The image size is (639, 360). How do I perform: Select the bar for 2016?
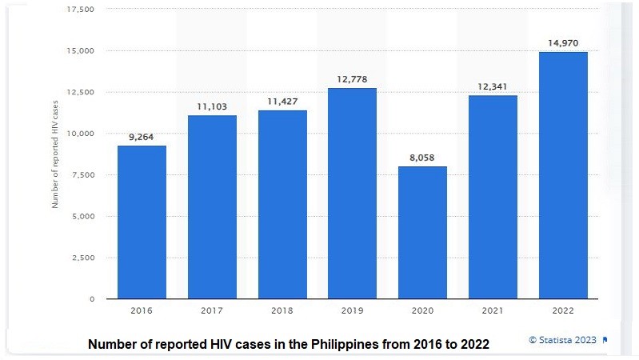(142, 222)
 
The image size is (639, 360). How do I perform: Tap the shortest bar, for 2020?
(422, 232)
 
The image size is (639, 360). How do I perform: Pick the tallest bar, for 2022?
(563, 175)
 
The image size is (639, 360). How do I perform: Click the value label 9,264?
(142, 137)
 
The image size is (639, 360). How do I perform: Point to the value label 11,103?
(212, 106)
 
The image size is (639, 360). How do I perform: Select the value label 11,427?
(282, 102)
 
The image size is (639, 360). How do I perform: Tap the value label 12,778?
(353, 79)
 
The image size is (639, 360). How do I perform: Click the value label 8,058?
(422, 158)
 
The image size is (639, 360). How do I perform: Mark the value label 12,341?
(493, 86)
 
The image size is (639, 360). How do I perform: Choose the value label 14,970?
(563, 43)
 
